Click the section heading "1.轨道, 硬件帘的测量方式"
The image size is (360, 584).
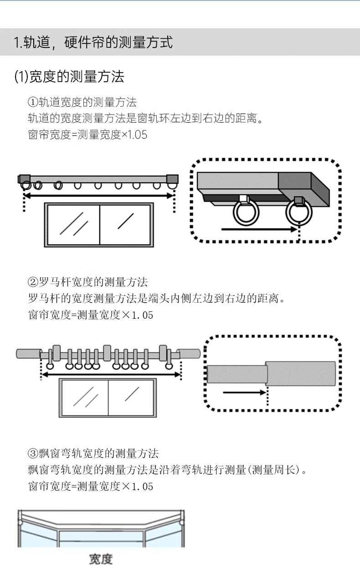point(93,42)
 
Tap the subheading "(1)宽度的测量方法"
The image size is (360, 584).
point(69,76)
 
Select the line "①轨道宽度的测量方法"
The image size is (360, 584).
point(82,102)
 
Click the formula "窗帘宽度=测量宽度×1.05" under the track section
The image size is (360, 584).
point(87,135)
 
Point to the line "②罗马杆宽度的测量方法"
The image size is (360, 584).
point(87,282)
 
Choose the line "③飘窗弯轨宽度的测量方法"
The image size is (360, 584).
point(93,453)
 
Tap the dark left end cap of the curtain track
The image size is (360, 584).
point(24,178)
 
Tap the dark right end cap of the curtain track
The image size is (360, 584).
point(172,178)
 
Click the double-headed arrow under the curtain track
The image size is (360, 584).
point(98,196)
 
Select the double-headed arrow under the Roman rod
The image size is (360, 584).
point(111,375)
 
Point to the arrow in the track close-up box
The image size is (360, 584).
point(259,229)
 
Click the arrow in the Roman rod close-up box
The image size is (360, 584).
point(244,392)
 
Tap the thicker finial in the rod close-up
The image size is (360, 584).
point(301,373)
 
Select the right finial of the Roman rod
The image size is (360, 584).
point(189,354)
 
